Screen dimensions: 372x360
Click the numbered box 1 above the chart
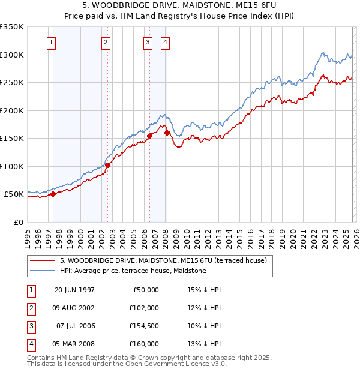point(52,42)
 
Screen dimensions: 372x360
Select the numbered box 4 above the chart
point(164,42)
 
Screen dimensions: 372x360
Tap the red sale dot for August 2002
point(107,165)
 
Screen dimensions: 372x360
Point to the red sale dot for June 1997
point(53,194)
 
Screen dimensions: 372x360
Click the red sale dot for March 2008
point(167,133)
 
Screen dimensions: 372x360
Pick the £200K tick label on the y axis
point(12,110)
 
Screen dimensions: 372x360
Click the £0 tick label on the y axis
point(19,222)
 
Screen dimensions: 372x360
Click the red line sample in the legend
point(41,260)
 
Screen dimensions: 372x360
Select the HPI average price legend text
point(133,271)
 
